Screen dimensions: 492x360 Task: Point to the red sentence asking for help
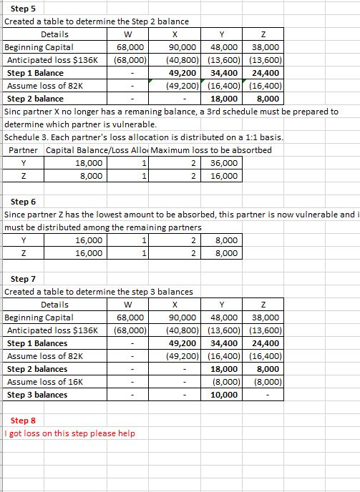tap(69, 433)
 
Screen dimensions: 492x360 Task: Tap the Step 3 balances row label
tap(37, 395)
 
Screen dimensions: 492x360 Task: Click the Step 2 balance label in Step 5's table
tap(35, 99)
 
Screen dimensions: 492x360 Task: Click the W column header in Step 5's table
tap(127, 34)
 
